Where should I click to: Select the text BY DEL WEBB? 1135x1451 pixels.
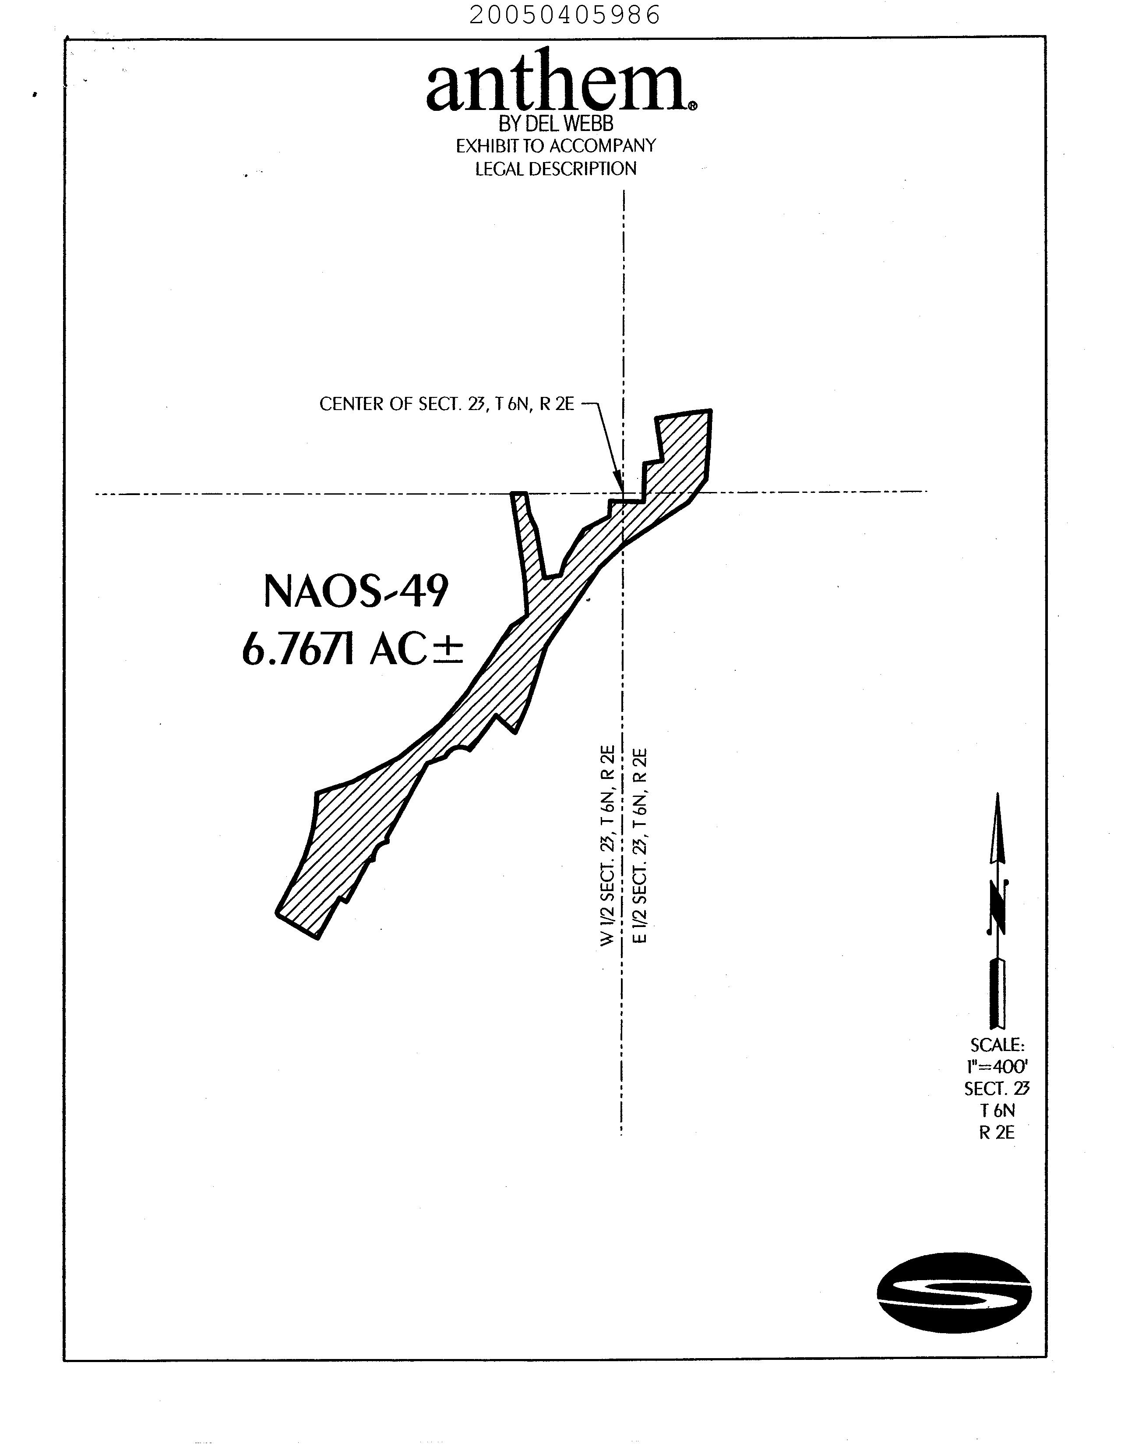(556, 124)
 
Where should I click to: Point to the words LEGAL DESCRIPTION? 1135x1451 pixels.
(556, 169)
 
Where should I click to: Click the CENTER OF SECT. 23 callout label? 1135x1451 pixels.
(447, 404)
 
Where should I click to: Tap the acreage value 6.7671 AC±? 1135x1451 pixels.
(352, 649)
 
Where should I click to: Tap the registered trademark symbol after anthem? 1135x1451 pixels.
(693, 106)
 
